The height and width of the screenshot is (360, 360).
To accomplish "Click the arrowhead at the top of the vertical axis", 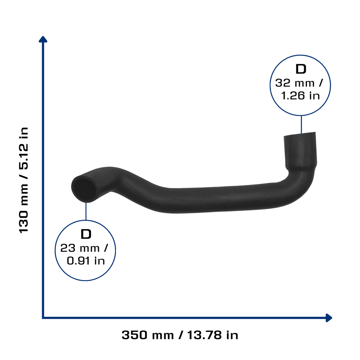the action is point(43,39).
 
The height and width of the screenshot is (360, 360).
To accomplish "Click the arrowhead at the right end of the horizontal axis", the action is point(329,318).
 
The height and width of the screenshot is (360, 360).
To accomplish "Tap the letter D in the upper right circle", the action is point(301,69).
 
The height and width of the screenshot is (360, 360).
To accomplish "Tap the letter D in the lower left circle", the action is point(86,234).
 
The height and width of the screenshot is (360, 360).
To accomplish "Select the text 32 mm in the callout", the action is point(295,83).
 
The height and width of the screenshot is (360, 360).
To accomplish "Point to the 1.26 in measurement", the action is point(300,96).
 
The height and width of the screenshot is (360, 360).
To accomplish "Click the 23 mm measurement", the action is point(80,248).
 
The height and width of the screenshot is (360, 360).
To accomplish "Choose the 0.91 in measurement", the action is point(86,261).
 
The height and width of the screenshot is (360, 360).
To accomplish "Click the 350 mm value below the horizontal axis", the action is point(148,335).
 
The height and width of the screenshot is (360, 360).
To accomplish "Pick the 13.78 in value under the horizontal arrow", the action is point(213,335).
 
